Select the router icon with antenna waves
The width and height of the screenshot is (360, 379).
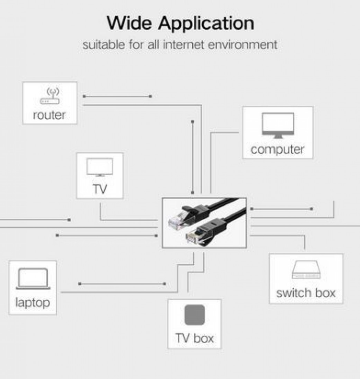[x=50, y=96]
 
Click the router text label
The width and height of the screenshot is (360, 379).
[x=49, y=115]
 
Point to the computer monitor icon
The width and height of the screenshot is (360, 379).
[x=277, y=126]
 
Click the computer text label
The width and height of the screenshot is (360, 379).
[x=277, y=150]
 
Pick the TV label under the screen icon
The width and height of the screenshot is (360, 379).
[x=100, y=189]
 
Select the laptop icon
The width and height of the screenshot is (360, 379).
[x=32, y=279]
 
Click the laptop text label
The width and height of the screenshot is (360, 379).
[x=32, y=302]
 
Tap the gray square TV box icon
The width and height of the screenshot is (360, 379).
[x=194, y=315]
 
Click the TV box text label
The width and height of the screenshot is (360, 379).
[x=194, y=338]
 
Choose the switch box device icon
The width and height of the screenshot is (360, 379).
[x=306, y=270]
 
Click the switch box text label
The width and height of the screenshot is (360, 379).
[x=306, y=292]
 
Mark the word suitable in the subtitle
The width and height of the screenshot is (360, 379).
[x=104, y=44]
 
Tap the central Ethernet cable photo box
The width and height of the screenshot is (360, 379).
[x=204, y=223]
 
